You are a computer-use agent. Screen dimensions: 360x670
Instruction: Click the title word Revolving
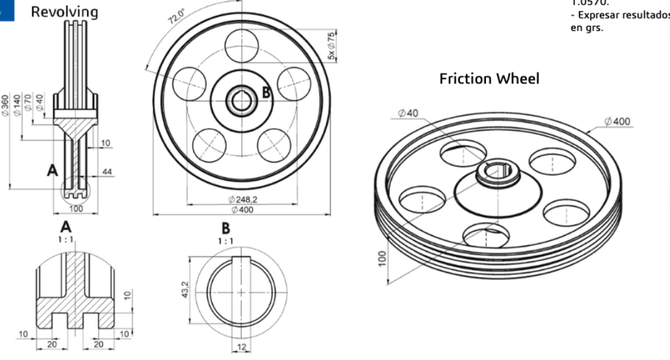[x=65, y=12]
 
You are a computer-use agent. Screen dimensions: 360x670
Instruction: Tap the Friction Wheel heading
[x=489, y=79]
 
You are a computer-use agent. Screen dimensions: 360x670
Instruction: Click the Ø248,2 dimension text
[x=242, y=200]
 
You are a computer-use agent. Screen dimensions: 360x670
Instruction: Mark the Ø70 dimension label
[x=29, y=102]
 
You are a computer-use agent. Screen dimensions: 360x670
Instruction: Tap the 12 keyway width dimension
[x=240, y=348]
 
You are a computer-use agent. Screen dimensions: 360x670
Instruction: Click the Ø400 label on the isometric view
[x=618, y=121]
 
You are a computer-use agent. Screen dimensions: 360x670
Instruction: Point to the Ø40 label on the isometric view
[x=408, y=113]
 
